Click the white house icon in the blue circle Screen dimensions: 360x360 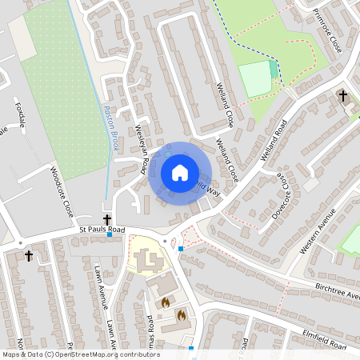point(179,172)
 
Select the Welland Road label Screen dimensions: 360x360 point(274,141)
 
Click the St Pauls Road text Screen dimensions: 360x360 point(102,230)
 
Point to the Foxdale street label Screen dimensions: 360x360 point(21,113)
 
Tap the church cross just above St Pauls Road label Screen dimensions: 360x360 point(106,218)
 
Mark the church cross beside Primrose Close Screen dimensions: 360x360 point(343,96)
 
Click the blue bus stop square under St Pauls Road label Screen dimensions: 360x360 point(110,235)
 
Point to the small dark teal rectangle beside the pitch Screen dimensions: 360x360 point(274,70)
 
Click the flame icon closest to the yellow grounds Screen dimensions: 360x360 point(166,302)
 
